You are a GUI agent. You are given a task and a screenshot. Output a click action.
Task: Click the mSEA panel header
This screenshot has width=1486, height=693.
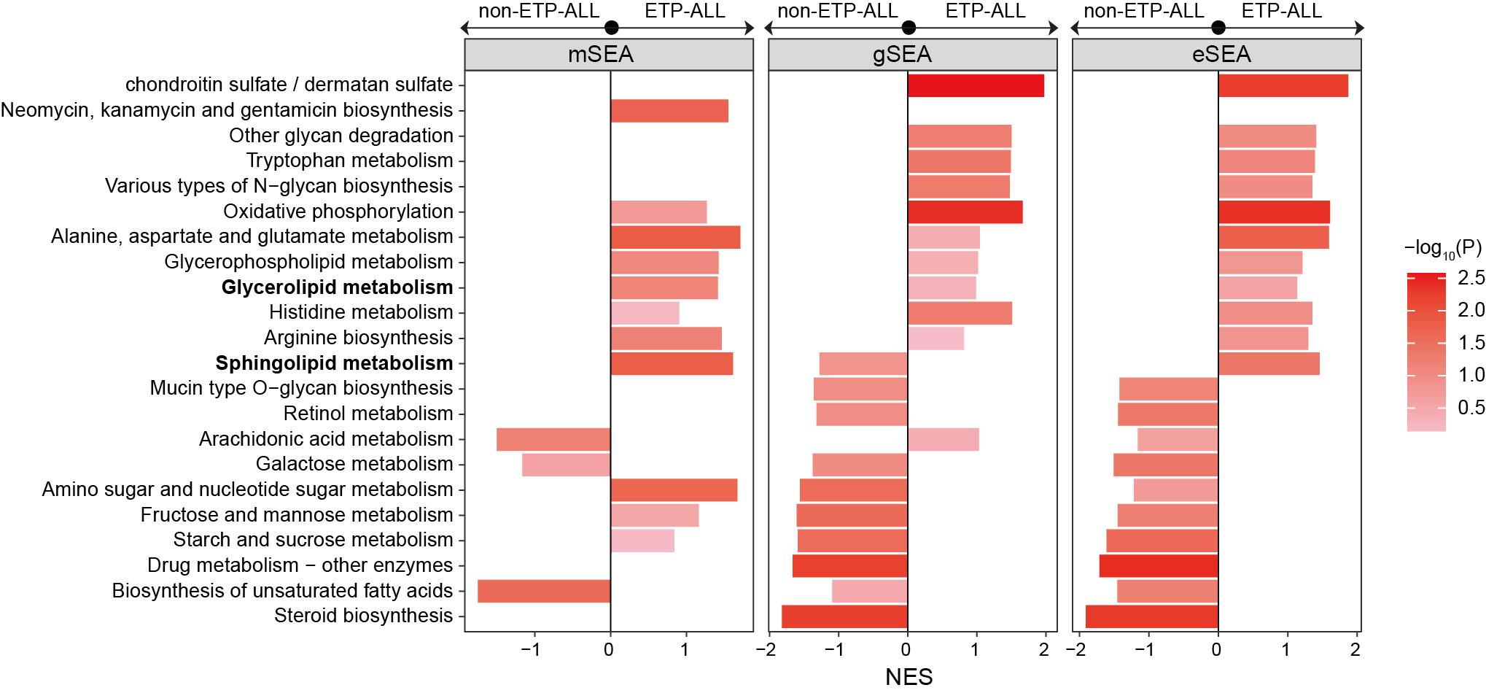[x=601, y=55]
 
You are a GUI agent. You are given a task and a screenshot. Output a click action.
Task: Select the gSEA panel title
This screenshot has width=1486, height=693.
[x=902, y=55]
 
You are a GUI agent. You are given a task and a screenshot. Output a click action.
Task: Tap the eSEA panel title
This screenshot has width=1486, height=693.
[x=1221, y=55]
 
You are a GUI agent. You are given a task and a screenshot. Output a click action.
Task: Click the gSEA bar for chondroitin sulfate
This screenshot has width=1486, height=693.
[x=976, y=85]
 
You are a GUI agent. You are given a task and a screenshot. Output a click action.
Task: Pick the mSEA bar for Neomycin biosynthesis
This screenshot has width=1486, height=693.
[x=669, y=111]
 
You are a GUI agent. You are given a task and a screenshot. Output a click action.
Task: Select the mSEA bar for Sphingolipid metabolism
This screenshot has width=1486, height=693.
[x=672, y=363]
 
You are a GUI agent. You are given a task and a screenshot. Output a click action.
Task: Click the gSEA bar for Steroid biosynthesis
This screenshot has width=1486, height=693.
[x=844, y=616]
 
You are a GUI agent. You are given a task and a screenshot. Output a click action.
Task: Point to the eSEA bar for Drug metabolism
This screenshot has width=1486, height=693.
[x=1159, y=566]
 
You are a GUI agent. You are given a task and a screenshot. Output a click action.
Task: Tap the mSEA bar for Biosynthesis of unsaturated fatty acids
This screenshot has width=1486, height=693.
[x=544, y=591]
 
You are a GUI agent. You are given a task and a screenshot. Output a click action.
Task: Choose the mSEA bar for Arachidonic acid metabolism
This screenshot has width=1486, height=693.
[x=553, y=439]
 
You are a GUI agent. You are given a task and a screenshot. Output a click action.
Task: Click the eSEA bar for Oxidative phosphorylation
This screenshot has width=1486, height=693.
[x=1274, y=212]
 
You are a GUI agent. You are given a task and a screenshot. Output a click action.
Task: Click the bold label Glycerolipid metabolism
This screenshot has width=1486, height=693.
[x=337, y=287]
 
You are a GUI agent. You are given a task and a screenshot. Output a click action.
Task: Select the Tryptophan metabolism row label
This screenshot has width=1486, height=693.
[x=349, y=160]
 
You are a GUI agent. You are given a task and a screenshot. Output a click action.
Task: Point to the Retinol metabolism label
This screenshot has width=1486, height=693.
[x=368, y=414]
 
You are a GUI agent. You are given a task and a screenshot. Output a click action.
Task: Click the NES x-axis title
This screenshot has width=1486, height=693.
[x=909, y=677]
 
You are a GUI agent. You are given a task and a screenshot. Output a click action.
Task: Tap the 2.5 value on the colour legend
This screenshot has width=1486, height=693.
[x=1471, y=278]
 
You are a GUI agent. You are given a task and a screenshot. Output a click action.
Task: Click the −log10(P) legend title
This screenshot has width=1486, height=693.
[x=1442, y=249]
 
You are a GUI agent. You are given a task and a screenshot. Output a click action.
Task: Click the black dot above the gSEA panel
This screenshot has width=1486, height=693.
[x=909, y=28]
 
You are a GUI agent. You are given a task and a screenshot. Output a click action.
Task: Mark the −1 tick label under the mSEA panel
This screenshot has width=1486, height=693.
[x=531, y=650]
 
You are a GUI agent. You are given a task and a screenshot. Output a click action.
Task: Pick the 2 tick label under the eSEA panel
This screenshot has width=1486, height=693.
[x=1355, y=650]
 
